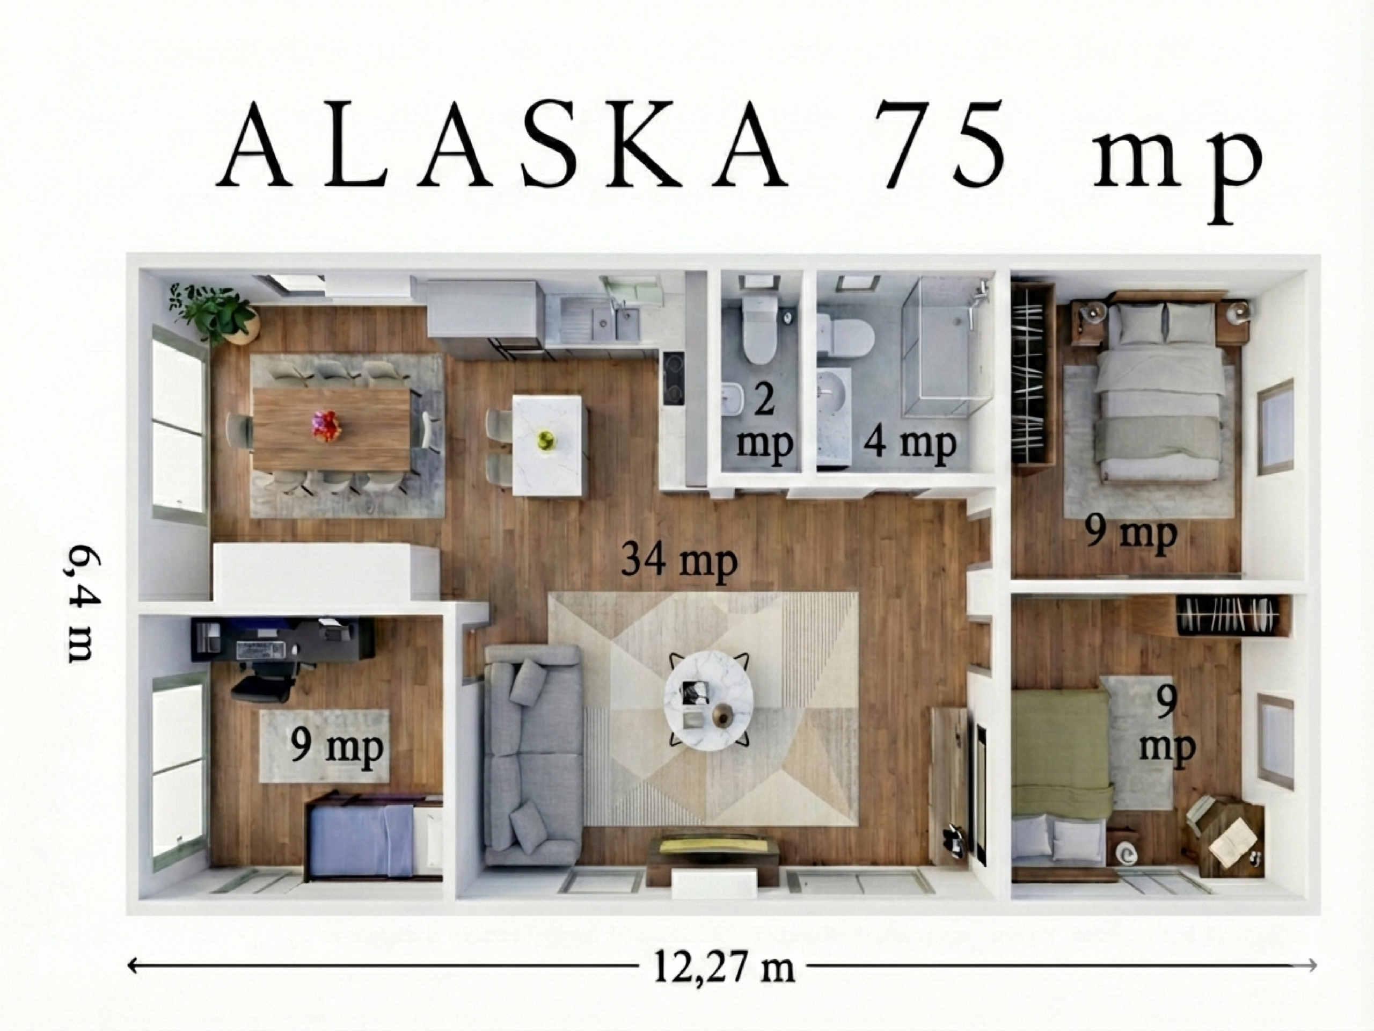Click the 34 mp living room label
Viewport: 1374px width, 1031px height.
tap(679, 561)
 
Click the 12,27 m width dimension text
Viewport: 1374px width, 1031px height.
tap(723, 967)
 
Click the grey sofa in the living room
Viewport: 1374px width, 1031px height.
tap(532, 755)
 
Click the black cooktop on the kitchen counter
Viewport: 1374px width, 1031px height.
tap(674, 379)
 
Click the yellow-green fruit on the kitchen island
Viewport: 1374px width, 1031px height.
tap(546, 439)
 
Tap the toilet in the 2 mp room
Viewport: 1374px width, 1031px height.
tap(758, 329)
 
